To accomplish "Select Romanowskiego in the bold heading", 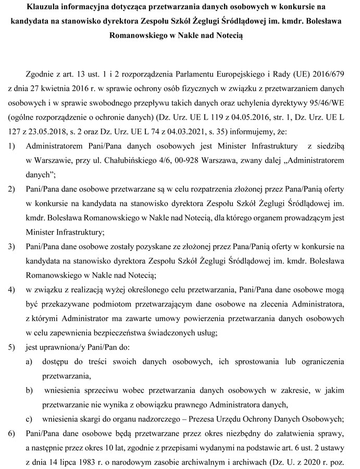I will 137,37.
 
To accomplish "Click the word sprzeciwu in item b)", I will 94,389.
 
